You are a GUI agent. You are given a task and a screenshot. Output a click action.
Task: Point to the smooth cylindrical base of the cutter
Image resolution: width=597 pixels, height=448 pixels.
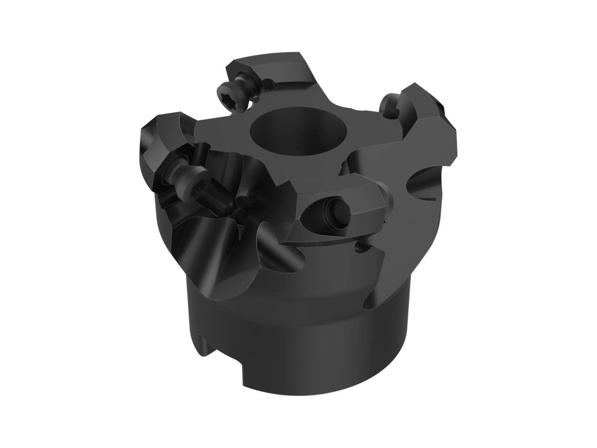298,348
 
